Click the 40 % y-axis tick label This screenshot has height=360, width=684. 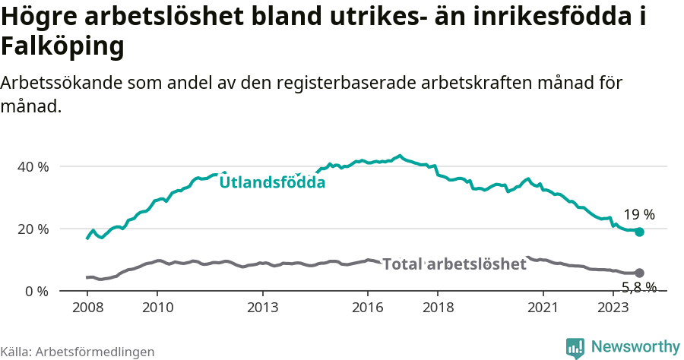point(33,166)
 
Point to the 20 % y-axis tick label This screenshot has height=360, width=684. point(33,229)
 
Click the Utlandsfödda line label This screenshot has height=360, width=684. point(272,182)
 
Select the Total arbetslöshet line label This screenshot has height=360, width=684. point(454,264)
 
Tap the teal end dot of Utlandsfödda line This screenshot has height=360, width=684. point(639,232)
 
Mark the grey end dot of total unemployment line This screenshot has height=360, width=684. point(639,273)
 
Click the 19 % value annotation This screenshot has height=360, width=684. point(639,215)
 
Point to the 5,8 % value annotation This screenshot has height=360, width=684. point(639,287)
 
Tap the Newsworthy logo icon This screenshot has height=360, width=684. point(575,348)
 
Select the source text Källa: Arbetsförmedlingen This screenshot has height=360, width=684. point(78,352)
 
